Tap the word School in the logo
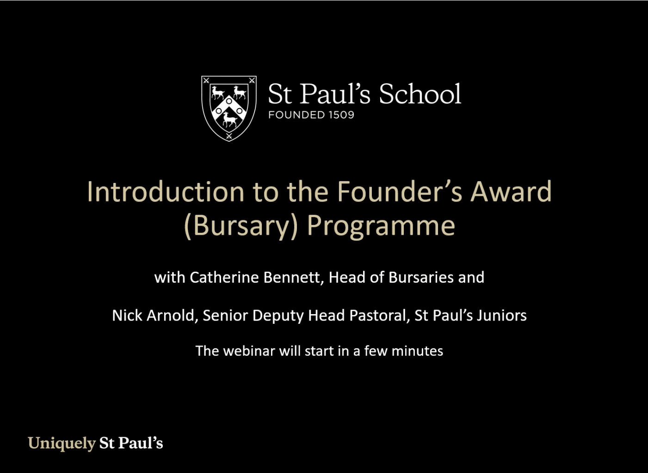coord(420,94)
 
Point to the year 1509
coord(341,115)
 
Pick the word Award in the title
coord(511,192)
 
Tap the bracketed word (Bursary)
coord(241,226)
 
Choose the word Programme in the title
coord(381,226)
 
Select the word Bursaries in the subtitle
coord(421,277)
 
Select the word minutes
coord(417,351)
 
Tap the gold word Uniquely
coord(62,443)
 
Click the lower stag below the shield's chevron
coord(229,120)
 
